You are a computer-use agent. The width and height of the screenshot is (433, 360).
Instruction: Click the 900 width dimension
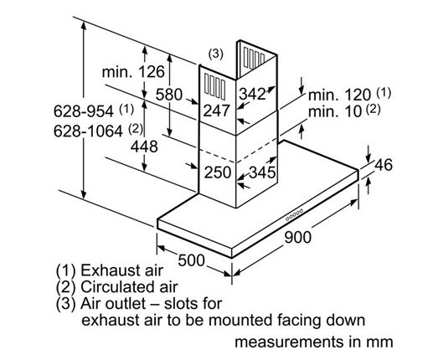pyautogui.click(x=297, y=237)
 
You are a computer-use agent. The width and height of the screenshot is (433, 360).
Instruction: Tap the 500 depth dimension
pyautogui.click(x=191, y=260)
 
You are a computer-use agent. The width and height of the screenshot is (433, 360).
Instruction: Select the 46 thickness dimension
pyautogui.click(x=384, y=165)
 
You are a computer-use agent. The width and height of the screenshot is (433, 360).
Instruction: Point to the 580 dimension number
pyautogui.click(x=169, y=95)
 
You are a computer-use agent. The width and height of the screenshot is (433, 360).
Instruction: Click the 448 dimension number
pyautogui.click(x=144, y=147)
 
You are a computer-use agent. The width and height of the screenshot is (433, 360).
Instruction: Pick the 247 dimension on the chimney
pyautogui.click(x=216, y=111)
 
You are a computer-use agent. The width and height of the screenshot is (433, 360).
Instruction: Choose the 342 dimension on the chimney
pyautogui.click(x=252, y=94)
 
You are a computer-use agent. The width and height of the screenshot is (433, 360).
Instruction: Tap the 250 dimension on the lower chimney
pyautogui.click(x=218, y=172)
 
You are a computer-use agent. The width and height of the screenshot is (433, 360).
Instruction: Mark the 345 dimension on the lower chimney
pyautogui.click(x=262, y=172)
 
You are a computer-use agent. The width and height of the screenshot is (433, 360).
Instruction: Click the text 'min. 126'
pyautogui.click(x=133, y=72)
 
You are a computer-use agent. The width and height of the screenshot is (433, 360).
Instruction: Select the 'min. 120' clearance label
pyautogui.click(x=339, y=95)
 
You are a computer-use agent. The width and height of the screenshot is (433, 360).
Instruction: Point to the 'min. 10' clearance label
pyautogui.click(x=335, y=111)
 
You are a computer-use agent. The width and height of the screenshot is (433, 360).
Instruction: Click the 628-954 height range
pyautogui.click(x=84, y=111)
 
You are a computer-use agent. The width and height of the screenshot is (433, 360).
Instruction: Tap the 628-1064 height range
pyautogui.click(x=88, y=131)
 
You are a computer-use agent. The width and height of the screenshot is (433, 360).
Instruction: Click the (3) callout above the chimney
pyautogui.click(x=216, y=54)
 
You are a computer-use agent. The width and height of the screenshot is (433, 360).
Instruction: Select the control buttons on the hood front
pyautogui.click(x=294, y=215)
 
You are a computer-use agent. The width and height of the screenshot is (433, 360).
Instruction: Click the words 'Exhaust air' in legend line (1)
pyautogui.click(x=121, y=270)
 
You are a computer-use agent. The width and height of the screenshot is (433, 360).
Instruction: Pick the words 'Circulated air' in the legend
pyautogui.click(x=129, y=286)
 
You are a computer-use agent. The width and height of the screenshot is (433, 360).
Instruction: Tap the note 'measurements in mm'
pyautogui.click(x=314, y=342)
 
